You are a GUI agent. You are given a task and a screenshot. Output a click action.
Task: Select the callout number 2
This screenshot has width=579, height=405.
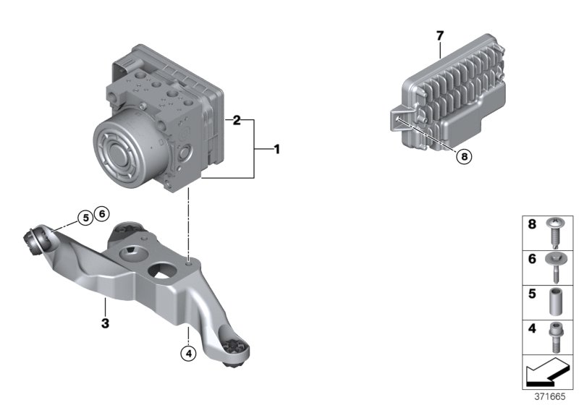pyautogui.click(x=236, y=121)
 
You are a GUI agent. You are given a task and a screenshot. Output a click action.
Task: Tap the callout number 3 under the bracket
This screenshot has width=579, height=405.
pyautogui.click(x=105, y=323)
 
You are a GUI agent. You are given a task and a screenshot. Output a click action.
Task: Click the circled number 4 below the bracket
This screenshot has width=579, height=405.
pyautogui.click(x=187, y=354)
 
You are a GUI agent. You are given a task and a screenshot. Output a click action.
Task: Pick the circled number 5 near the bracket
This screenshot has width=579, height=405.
pyautogui.click(x=85, y=216)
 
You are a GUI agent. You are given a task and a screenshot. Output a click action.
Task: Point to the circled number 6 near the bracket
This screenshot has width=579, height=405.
pyautogui.click(x=101, y=213)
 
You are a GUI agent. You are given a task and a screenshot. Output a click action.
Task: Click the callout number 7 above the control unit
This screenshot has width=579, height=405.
pyautogui.click(x=439, y=35)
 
